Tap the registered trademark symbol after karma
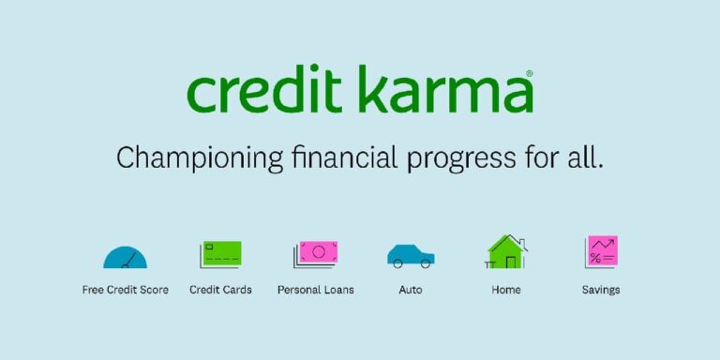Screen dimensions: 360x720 point(530,73)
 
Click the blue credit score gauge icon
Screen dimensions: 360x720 point(126,255)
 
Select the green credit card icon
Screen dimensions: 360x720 point(221,253)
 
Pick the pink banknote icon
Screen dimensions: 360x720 point(316,252)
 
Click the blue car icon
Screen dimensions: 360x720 point(411,255)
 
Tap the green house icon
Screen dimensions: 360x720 point(506,251)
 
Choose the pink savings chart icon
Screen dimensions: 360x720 point(601,251)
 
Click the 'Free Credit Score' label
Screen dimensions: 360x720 point(126,290)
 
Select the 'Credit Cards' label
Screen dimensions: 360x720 point(221,290)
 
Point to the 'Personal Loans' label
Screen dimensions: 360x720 point(316,290)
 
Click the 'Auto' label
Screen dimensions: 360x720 point(411,290)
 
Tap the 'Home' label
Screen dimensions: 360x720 point(506,290)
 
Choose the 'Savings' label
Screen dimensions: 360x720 point(601,291)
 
